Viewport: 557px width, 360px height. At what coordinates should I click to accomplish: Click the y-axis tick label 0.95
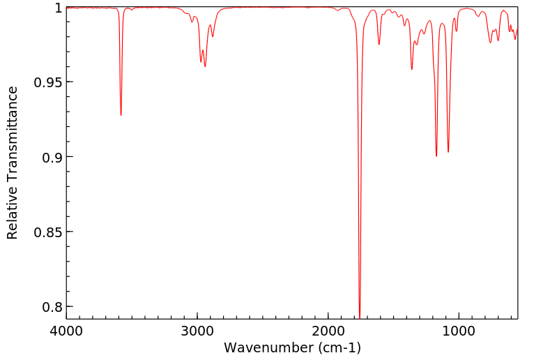(x=47, y=82)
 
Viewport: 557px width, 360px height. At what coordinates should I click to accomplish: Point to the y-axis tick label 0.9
(x=51, y=157)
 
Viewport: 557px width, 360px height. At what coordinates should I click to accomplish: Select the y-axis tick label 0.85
(x=47, y=232)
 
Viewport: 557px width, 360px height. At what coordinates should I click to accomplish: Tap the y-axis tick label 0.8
(x=51, y=306)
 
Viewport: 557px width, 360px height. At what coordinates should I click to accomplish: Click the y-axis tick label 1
(x=59, y=8)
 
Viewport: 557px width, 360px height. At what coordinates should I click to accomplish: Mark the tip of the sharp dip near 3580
(x=121, y=115)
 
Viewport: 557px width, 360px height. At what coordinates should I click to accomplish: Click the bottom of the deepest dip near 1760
(x=360, y=317)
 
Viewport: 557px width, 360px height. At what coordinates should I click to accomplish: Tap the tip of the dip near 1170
(x=436, y=156)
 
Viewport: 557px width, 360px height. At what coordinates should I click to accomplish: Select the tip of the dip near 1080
(x=448, y=151)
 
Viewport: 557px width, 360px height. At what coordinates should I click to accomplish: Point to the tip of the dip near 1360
(x=412, y=69)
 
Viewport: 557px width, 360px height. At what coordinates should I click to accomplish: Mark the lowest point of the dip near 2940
(x=205, y=66)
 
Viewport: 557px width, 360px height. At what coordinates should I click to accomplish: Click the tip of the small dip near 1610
(x=379, y=45)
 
